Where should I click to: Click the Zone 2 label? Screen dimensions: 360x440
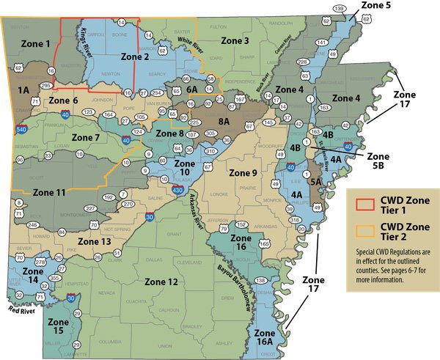point(134,56)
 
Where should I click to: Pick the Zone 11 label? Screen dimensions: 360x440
point(50,192)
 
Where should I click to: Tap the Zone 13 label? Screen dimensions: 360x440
point(94,240)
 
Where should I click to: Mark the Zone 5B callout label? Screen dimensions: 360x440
point(378,161)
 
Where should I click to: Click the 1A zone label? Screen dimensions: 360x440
point(23,89)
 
